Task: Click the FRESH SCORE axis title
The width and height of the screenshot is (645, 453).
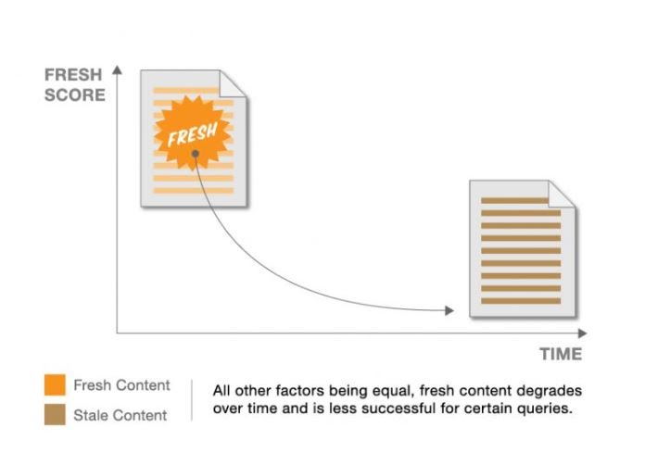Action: click(74, 84)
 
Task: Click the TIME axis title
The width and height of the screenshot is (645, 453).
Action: click(561, 354)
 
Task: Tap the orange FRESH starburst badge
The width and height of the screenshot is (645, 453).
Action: click(192, 132)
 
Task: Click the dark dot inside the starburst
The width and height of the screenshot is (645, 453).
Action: click(196, 154)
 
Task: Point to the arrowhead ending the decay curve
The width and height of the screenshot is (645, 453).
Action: click(449, 310)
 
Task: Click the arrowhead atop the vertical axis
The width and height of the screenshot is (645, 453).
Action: click(118, 69)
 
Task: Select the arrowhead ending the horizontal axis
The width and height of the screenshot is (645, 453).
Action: click(583, 333)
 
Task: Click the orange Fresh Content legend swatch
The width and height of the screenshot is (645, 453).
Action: click(55, 384)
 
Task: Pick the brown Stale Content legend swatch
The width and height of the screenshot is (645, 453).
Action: click(55, 414)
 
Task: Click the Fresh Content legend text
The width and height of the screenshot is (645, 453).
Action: click(121, 385)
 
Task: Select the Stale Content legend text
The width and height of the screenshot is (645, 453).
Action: click(120, 415)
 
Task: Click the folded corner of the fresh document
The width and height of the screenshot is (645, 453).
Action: click(233, 83)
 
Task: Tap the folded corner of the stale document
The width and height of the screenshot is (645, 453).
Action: click(562, 194)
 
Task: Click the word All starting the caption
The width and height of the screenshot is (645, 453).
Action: click(221, 390)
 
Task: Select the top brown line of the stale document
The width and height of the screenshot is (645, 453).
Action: click(514, 201)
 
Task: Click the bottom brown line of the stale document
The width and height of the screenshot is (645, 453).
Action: click(521, 301)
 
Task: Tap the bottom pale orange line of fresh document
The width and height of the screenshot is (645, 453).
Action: click(194, 191)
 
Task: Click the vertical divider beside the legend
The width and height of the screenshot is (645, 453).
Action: click(192, 400)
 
